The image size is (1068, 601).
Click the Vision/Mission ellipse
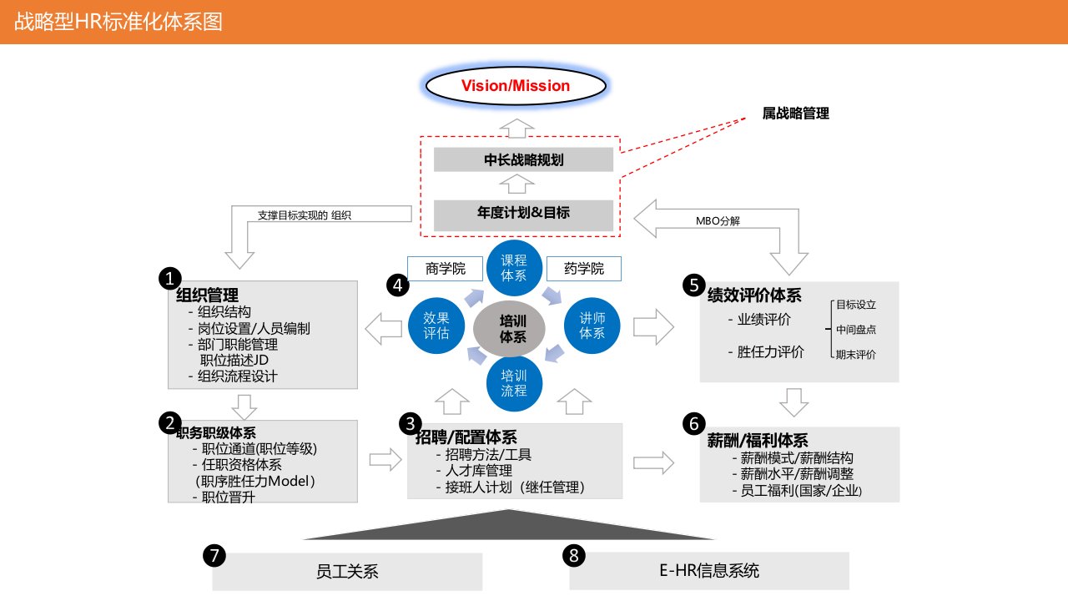coord(516,86)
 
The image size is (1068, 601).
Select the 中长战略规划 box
coord(524,159)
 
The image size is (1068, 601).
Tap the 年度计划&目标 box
coord(524,213)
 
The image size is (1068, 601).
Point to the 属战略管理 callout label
coord(795,114)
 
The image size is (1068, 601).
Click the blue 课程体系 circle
coord(514,268)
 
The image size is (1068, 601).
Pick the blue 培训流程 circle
coord(514,382)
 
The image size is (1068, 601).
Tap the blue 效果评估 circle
coord(436,325)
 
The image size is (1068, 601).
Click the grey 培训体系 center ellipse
coord(513,326)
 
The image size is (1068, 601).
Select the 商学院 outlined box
coord(445,269)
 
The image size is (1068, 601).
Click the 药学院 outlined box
coord(584,269)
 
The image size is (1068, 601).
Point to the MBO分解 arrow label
coord(718,221)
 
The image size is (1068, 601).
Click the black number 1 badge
coord(170,278)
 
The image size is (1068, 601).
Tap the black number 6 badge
coord(693,424)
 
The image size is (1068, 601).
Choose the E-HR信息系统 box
coord(708,572)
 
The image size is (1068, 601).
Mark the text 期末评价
coord(856,354)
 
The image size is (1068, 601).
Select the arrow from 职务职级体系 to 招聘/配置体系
coord(385,459)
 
